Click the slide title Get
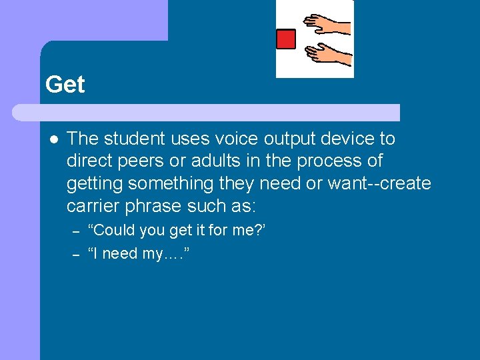(x=65, y=85)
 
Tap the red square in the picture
(x=286, y=39)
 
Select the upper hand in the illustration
(x=327, y=25)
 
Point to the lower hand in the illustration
(x=329, y=55)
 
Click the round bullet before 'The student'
(x=53, y=139)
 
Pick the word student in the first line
(x=133, y=139)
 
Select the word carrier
(x=92, y=205)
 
